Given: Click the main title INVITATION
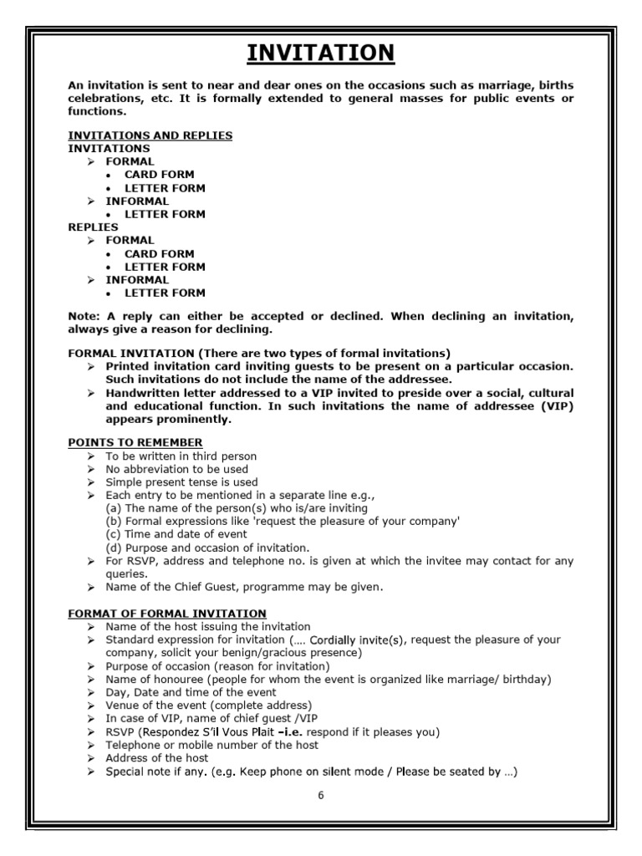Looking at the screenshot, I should [321, 53].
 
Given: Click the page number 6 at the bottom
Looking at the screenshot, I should [320, 795].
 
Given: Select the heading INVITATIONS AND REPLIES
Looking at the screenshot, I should [150, 135].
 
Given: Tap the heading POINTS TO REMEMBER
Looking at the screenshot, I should [135, 442].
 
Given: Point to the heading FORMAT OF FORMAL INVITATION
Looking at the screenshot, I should [167, 614].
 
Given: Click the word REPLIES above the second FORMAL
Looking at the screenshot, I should [93, 227].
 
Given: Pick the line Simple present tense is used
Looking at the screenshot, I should [181, 482].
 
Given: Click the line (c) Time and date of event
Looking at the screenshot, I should [176, 534].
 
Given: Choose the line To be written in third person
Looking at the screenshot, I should [181, 456].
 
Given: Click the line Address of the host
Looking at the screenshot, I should [157, 758].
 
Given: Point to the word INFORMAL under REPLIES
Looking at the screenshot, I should [137, 280].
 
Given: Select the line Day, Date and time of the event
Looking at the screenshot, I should [191, 692].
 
